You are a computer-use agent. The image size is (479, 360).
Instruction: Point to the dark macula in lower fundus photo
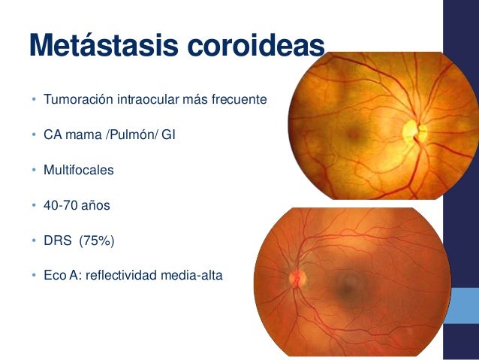pos(347,283)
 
